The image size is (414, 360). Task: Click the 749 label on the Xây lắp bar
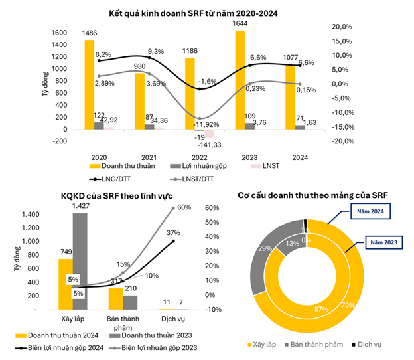click(x=65, y=252)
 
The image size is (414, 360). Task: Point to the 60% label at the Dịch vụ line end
click(x=184, y=207)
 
